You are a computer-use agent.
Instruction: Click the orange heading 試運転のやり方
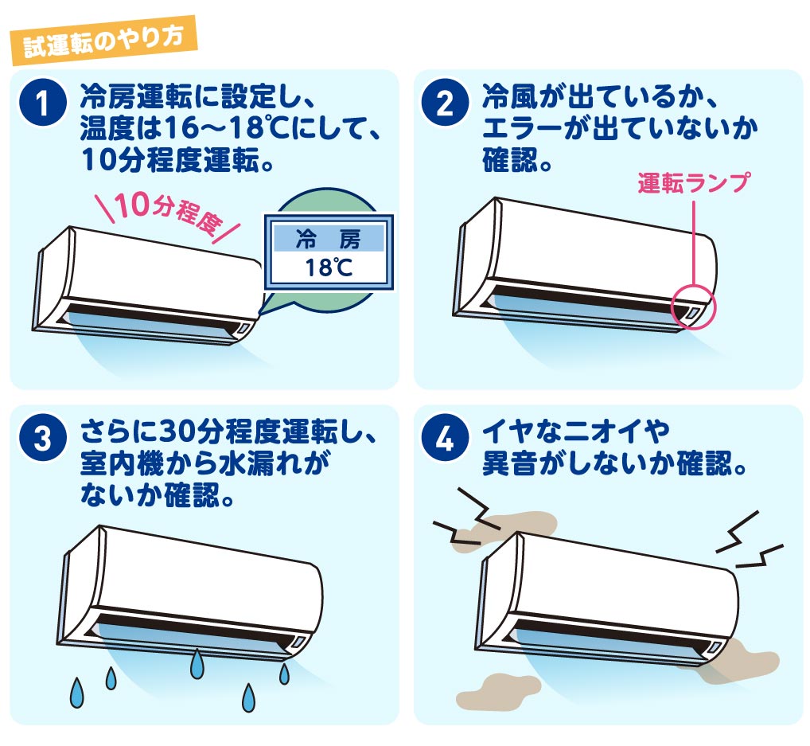click(x=103, y=41)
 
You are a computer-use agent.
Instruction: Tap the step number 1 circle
click(x=43, y=102)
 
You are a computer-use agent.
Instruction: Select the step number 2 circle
click(x=446, y=102)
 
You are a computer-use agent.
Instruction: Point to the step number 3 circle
click(x=43, y=438)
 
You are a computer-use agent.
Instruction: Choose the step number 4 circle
click(x=446, y=438)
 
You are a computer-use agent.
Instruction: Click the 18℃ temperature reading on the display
click(x=329, y=268)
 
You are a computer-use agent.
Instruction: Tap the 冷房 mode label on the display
click(x=329, y=239)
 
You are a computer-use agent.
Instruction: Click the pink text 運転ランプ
click(x=693, y=183)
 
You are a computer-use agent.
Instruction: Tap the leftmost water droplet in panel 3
click(x=77, y=692)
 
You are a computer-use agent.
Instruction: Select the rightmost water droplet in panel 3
click(x=284, y=674)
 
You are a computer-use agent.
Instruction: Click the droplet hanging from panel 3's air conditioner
click(x=197, y=664)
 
